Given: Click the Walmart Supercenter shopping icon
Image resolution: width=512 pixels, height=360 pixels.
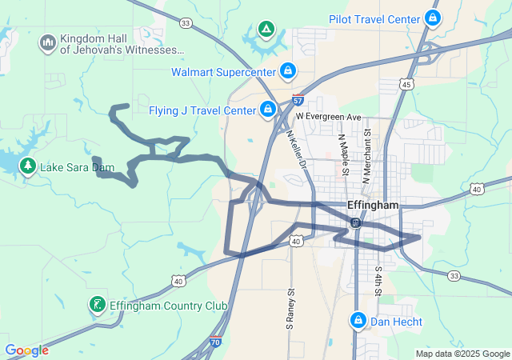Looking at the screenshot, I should (x=287, y=72).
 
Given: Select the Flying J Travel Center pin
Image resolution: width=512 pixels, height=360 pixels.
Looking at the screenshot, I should (x=269, y=110).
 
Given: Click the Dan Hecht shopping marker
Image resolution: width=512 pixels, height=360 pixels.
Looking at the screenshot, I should (x=357, y=321).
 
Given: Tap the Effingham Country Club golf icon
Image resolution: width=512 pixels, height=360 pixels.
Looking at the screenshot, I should (x=97, y=304).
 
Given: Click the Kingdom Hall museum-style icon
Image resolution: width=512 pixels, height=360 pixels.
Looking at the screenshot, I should (x=47, y=41).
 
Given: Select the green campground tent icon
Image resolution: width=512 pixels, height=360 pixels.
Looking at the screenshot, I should (x=266, y=30).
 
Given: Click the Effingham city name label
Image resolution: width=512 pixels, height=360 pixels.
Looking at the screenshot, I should (x=373, y=205).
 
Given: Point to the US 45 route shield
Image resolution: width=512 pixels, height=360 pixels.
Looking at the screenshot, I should (x=407, y=85).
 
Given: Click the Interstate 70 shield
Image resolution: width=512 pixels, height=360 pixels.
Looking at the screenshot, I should (x=215, y=342).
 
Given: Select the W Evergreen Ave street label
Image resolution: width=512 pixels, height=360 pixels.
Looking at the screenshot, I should (x=328, y=116).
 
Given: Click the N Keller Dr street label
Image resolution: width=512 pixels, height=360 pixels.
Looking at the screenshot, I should (x=296, y=150).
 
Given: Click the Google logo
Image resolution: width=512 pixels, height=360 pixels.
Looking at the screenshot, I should (x=26, y=350).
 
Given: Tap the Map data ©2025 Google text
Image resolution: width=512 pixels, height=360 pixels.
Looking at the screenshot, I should (x=462, y=354).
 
